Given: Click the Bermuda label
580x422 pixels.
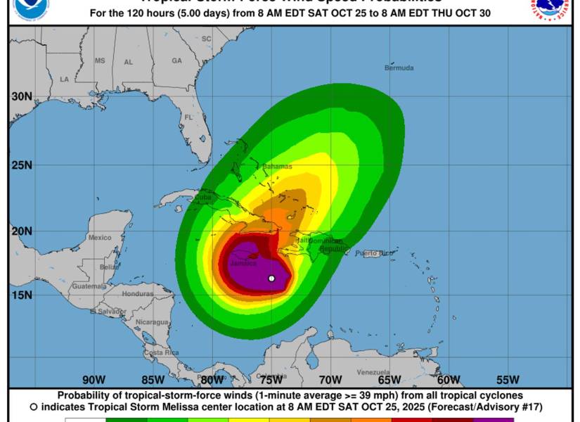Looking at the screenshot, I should [399, 68].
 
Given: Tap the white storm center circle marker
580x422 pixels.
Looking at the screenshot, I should [271, 279].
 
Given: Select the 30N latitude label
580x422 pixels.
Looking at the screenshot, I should [21, 96].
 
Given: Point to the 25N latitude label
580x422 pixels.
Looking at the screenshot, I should [21, 165].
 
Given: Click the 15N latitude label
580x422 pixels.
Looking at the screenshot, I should [21, 294].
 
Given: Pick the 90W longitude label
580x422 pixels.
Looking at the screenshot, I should [94, 380].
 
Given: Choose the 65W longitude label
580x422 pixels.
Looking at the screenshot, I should [389, 380].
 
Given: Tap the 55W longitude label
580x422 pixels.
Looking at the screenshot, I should [508, 380].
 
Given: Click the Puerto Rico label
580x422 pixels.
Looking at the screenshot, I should [372, 253].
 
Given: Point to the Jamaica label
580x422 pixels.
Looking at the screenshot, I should [243, 264].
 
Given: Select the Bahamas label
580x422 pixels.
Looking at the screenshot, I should [277, 167].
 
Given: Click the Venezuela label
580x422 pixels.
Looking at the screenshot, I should [373, 372].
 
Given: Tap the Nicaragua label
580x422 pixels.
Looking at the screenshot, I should [152, 321].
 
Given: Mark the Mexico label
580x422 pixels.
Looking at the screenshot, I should [99, 238].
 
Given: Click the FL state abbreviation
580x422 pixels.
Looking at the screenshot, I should [188, 117].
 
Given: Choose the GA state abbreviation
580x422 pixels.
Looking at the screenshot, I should [176, 61].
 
